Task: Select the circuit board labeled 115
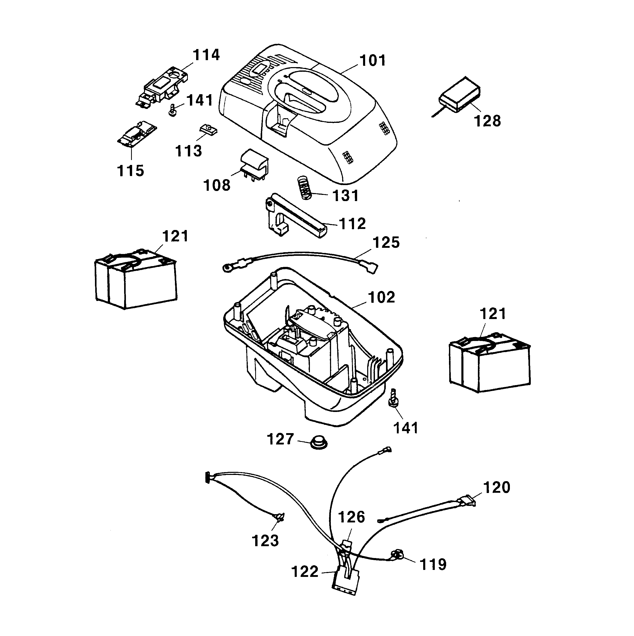tap(137, 134)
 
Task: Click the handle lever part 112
tap(296, 219)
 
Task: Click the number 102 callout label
tap(381, 298)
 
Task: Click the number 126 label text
tap(351, 517)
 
